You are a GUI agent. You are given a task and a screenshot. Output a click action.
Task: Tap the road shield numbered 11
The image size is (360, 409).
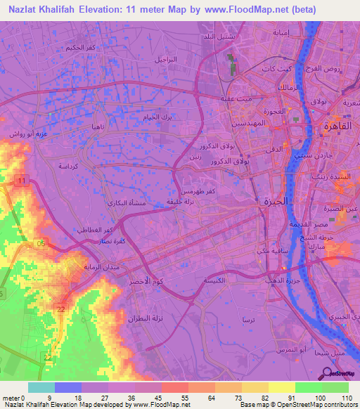tap(22, 181)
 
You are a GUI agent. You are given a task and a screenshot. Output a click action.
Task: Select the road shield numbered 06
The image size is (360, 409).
tap(42, 243)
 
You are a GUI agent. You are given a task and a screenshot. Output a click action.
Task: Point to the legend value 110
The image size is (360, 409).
tap(345, 398)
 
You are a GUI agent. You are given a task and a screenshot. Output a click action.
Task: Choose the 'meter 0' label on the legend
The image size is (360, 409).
tap(15, 398)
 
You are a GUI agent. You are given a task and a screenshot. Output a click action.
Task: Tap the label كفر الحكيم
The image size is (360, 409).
tap(78, 47)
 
